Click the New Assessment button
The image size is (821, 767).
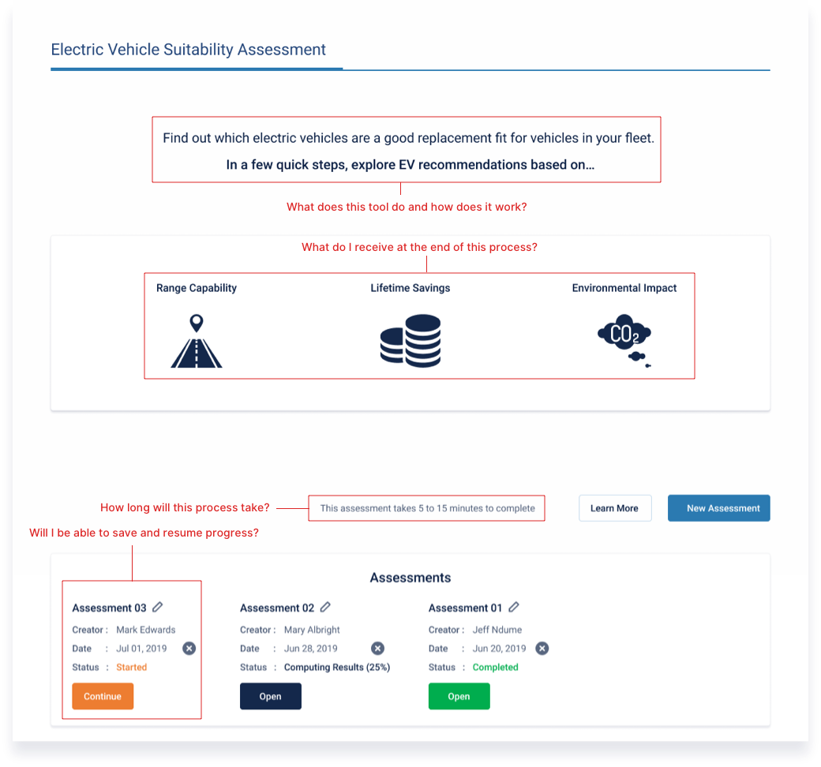[718, 508]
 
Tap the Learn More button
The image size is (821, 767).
[615, 508]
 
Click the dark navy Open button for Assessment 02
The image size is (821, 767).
[270, 696]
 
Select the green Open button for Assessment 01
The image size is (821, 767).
[459, 696]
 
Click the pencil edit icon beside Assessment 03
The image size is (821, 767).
[158, 607]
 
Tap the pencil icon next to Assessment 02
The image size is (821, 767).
[325, 607]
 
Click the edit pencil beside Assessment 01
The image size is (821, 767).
[514, 607]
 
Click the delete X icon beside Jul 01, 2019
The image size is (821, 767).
[189, 648]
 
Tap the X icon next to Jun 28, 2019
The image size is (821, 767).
[377, 648]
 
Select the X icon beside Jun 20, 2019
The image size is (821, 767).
[542, 648]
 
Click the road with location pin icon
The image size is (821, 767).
[197, 341]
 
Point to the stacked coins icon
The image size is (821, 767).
[410, 341]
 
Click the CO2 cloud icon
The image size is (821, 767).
[624, 340]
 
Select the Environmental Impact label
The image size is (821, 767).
[624, 288]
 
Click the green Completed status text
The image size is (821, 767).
[495, 667]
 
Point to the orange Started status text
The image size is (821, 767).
[131, 667]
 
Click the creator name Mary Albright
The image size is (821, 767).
[312, 630]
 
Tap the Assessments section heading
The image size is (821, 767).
[410, 578]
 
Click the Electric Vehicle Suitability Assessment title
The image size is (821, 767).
[188, 49]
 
